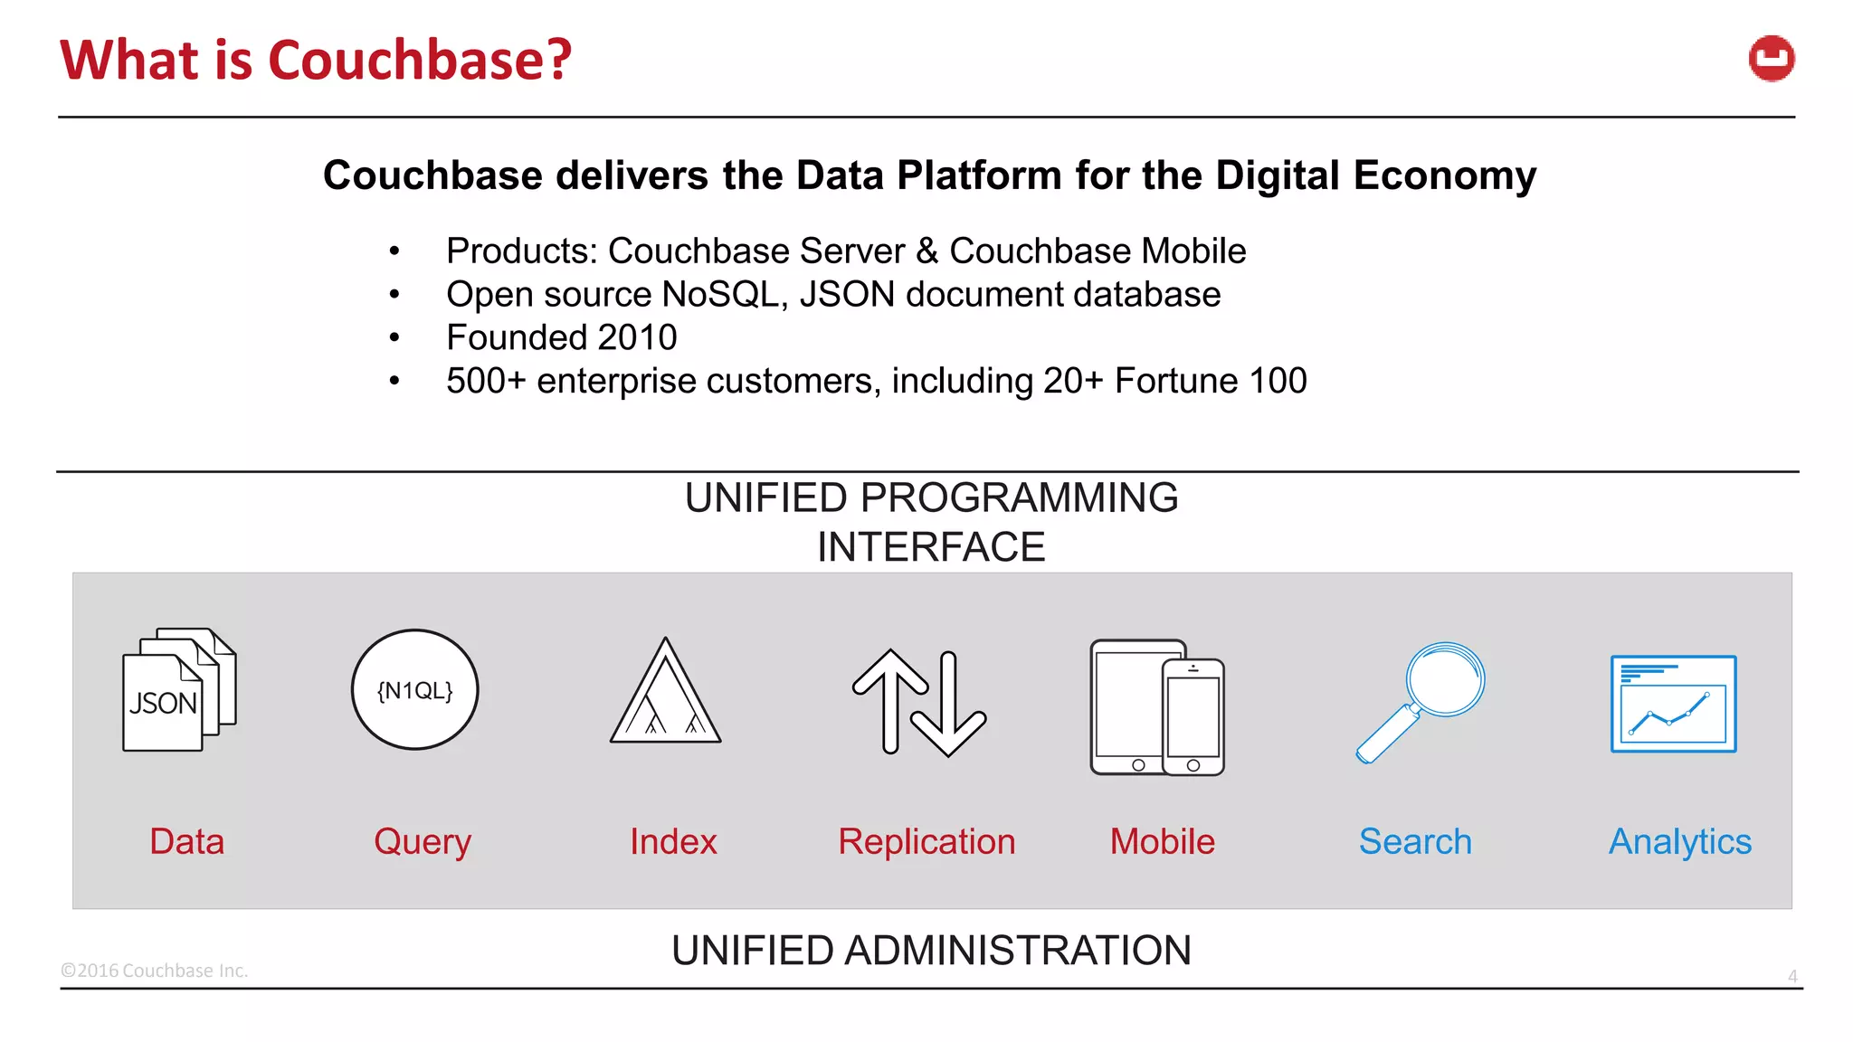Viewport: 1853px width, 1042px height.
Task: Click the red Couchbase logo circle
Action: coord(1771,59)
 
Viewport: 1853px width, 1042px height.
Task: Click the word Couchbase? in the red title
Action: coord(420,60)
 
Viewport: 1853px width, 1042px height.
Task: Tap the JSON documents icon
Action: coord(178,689)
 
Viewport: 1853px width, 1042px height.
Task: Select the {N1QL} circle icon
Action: coord(414,690)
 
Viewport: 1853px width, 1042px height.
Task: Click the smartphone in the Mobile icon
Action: coord(1193,717)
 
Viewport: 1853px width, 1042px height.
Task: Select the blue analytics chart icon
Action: coord(1673,704)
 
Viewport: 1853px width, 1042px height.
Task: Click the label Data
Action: coord(186,842)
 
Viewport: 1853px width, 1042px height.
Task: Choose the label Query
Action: coord(423,842)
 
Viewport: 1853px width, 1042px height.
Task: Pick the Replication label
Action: coord(926,842)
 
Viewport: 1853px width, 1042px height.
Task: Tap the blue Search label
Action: coord(1415,842)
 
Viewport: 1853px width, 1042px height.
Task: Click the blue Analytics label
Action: coord(1679,842)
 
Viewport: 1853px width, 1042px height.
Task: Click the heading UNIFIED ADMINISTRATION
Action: coord(931,951)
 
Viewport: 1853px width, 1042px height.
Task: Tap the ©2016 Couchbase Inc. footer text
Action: coord(154,971)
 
